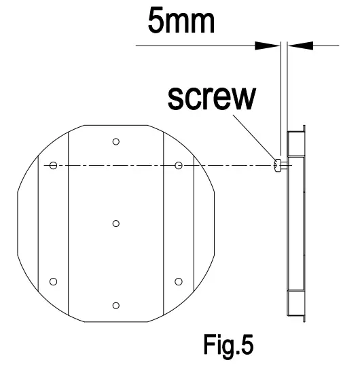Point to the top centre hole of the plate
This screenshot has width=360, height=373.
point(116,141)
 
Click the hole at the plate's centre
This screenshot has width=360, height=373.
point(116,224)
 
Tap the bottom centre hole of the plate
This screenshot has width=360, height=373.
point(116,306)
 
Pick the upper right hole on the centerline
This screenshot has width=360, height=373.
point(178,165)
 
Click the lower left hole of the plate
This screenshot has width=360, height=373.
point(54,281)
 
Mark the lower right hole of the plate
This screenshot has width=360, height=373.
point(178,281)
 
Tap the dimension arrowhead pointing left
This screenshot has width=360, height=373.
point(299,46)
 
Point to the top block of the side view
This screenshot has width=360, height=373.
point(297,144)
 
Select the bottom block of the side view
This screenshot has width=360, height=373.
point(297,301)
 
